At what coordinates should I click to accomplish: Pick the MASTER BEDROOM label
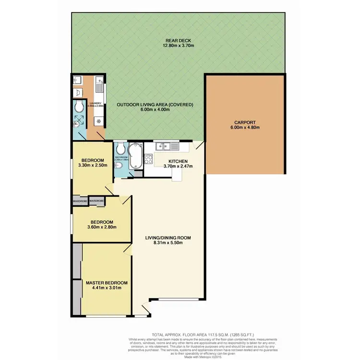[107, 283]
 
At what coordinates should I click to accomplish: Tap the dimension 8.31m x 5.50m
[168, 243]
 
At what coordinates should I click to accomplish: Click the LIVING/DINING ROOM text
[168, 237]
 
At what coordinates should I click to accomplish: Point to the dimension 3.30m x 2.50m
[93, 166]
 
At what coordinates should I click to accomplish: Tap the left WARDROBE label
[79, 201]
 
